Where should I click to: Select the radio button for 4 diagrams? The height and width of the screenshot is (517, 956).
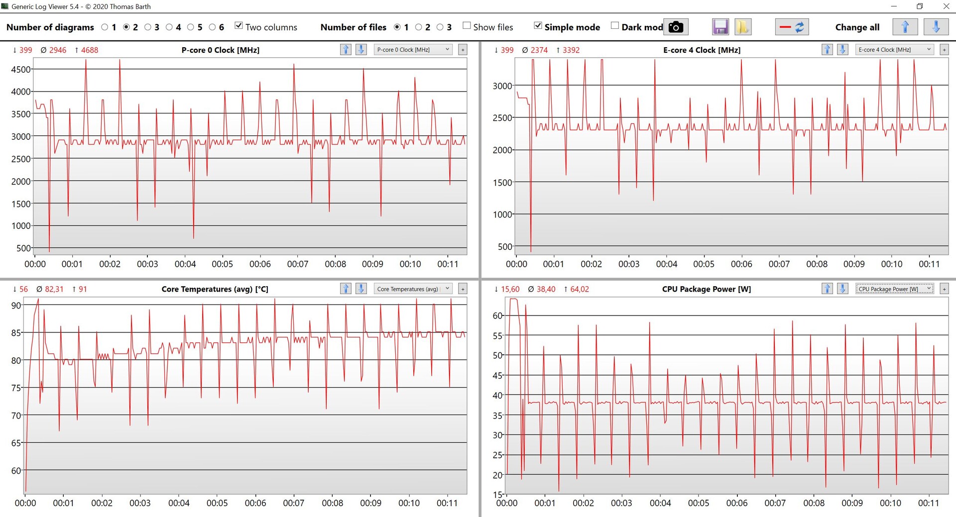click(169, 27)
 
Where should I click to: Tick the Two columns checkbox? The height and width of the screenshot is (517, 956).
click(239, 26)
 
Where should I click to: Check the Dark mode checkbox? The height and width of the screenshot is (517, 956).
click(615, 26)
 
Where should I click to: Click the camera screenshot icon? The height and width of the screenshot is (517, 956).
click(676, 27)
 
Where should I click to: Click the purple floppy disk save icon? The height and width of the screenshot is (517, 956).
click(720, 27)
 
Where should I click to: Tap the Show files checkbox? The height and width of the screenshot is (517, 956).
click(467, 26)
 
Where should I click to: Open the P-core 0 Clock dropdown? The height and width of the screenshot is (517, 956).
click(413, 50)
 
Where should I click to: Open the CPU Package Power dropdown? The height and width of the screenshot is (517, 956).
click(894, 289)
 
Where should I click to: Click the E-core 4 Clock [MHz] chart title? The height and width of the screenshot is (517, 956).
click(702, 50)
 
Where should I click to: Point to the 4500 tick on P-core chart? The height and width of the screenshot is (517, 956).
click(21, 70)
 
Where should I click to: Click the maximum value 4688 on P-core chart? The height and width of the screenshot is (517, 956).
click(89, 50)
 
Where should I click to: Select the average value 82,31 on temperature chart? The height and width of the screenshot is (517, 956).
click(54, 289)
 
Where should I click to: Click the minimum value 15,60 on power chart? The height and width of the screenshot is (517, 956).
click(510, 289)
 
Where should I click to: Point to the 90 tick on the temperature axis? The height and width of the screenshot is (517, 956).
click(16, 306)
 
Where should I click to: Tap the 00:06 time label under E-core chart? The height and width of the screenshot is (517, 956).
click(741, 264)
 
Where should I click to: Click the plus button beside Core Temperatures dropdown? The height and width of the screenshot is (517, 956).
click(463, 289)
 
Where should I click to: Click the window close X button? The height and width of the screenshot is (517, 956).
click(946, 6)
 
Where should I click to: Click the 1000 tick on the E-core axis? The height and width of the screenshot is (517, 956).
click(502, 214)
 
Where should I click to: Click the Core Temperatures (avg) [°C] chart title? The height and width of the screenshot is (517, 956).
click(215, 289)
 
